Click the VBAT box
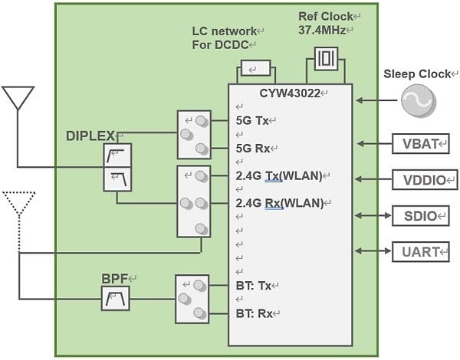click(420, 143)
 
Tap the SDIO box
click(420, 216)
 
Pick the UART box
click(420, 251)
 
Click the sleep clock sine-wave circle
click(419, 100)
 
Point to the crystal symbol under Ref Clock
click(327, 58)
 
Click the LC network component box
click(255, 69)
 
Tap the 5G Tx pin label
click(254, 120)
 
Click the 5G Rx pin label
click(254, 148)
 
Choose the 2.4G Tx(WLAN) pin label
click(281, 175)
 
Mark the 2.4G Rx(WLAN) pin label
click(281, 203)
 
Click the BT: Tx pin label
click(254, 285)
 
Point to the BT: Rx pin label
click(254, 313)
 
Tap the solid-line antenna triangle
click(18, 97)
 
